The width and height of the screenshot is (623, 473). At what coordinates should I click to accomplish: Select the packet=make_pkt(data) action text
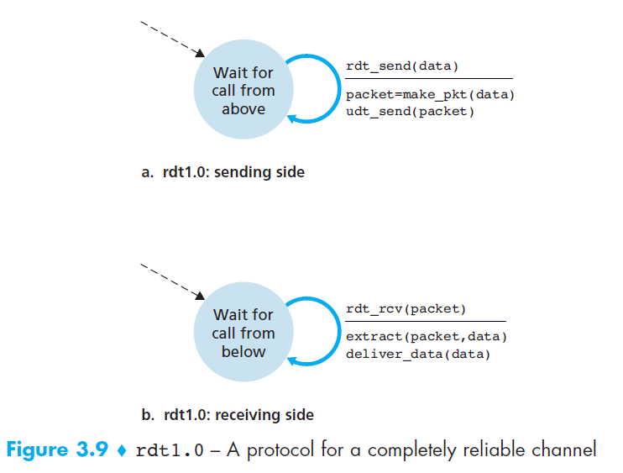430,95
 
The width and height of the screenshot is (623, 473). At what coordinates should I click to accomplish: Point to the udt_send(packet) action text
410,111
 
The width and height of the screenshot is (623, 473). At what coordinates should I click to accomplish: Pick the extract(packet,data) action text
427,337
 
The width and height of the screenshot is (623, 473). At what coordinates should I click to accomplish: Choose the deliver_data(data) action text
418,353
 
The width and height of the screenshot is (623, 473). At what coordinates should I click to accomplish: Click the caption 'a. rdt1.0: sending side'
222,172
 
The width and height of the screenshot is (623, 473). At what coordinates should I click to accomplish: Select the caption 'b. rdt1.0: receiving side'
228,415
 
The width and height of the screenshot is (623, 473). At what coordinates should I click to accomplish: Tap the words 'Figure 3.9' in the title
57,449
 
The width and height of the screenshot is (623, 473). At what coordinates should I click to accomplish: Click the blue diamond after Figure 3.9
121,450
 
